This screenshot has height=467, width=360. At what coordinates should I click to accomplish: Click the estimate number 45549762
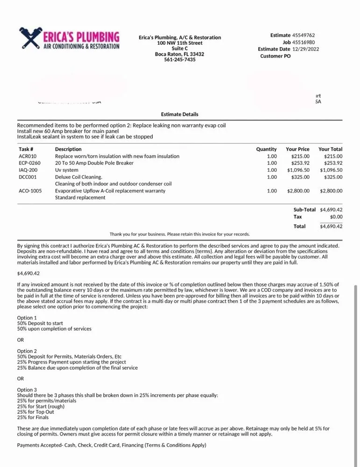point(304,35)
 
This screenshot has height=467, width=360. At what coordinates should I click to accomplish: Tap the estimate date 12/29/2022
point(306,49)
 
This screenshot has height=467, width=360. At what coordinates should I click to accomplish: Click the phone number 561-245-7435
point(180,60)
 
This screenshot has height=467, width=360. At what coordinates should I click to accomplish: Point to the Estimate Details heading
point(180,114)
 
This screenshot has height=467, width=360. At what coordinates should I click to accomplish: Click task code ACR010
point(28,156)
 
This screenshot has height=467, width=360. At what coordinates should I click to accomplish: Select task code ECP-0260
point(29,163)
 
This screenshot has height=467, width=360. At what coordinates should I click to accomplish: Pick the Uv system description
point(67,170)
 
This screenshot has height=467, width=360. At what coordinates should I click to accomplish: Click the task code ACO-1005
point(30,191)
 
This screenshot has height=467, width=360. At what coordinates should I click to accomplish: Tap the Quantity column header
point(266,149)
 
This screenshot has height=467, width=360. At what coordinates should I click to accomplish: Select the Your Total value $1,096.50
point(331,170)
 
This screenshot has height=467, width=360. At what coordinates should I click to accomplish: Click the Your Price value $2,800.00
point(298,191)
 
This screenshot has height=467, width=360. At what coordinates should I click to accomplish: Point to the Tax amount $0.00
point(336,217)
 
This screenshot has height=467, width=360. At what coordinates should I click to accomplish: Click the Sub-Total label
point(304,210)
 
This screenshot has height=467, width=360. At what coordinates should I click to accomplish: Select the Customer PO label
point(275,56)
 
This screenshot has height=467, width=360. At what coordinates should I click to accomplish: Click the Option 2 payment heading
point(27,351)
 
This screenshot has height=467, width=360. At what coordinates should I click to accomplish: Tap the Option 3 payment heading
point(27,389)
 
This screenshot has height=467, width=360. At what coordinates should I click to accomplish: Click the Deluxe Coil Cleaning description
point(78,177)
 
